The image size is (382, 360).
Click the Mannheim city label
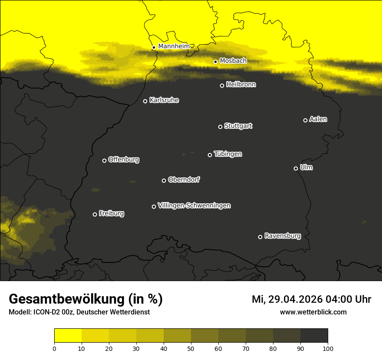[174, 46]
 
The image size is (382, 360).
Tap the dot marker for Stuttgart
[220, 127]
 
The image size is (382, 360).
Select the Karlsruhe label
[164, 100]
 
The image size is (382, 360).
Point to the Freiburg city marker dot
[95, 214]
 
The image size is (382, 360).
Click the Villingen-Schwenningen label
[194, 206]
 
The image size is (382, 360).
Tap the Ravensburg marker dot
[260, 237]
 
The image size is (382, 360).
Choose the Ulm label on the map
[306, 167]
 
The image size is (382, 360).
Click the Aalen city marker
[305, 120]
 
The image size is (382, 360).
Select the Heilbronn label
[241, 85]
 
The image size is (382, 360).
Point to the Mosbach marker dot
[215, 62]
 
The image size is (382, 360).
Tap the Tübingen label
[227, 154]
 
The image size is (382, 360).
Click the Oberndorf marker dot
[164, 180]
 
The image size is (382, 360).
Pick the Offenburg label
[123, 160]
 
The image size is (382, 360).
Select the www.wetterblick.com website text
[313, 312]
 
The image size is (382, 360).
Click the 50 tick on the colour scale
[191, 348]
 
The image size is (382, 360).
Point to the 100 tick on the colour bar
[328, 348]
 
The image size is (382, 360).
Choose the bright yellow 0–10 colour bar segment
[68, 336]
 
